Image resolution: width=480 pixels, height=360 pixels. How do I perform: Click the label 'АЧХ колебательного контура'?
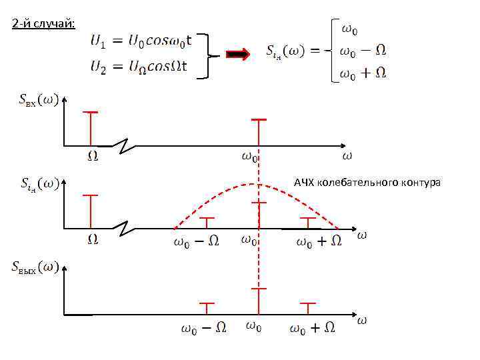click(367, 182)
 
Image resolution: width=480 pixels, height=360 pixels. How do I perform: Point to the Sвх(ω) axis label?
click(37, 100)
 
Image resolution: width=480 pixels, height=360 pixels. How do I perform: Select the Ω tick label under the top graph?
click(93, 157)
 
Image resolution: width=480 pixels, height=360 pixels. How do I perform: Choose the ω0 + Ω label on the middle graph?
click(319, 241)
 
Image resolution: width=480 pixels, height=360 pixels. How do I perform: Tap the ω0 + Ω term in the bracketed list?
click(363, 73)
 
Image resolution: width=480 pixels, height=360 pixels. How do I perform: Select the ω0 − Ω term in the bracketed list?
click(363, 51)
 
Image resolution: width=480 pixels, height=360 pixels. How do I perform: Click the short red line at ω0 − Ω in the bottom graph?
click(207, 308)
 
